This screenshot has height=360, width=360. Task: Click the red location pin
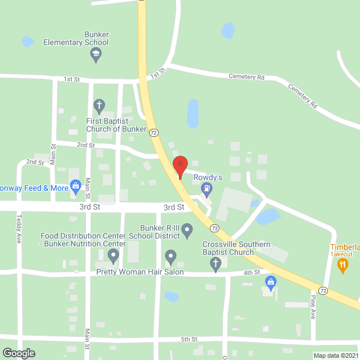click(x=180, y=167)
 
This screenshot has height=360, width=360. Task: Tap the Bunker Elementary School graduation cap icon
click(x=96, y=55)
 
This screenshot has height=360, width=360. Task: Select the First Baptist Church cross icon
click(x=99, y=105)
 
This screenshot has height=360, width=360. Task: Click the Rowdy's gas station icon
click(x=208, y=190)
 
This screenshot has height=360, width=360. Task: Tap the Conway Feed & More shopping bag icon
click(x=76, y=186)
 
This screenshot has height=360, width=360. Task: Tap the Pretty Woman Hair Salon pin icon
click(x=170, y=258)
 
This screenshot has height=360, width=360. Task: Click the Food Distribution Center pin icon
click(x=114, y=258)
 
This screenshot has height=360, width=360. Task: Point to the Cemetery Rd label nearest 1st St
click(x=246, y=76)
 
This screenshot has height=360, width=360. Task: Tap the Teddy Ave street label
click(x=19, y=229)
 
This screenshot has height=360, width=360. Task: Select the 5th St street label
click(x=189, y=339)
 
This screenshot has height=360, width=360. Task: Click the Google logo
click(x=18, y=353)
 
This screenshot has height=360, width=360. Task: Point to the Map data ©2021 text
click(x=336, y=355)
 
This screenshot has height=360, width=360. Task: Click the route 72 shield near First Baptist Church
click(x=154, y=132)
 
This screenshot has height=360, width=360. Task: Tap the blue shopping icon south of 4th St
click(x=270, y=281)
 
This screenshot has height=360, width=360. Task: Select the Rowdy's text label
click(x=208, y=177)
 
